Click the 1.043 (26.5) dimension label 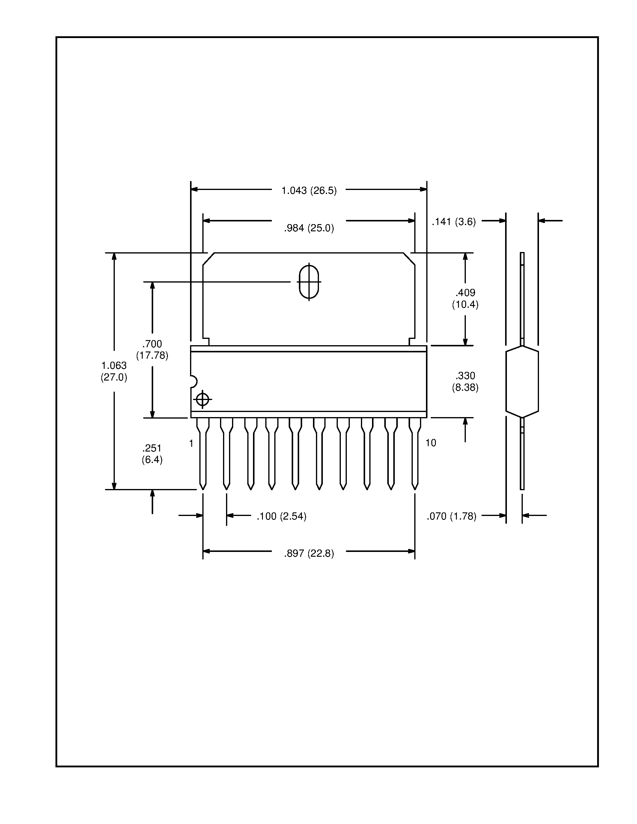(309, 191)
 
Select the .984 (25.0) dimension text (309, 228)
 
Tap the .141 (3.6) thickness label (454, 221)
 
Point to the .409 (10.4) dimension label (465, 298)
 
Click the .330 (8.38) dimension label (465, 381)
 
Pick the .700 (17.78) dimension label (152, 349)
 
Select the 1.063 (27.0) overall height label (114, 371)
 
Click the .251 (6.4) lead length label (152, 454)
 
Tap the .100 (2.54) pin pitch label (281, 516)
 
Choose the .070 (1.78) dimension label (451, 516)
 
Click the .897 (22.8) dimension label (309, 553)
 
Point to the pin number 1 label (191, 443)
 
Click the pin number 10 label (430, 443)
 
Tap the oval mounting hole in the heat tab (309, 282)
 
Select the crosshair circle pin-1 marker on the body (203, 399)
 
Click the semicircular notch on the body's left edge (193, 381)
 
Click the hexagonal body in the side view (522, 381)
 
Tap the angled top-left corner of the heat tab (208, 259)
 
